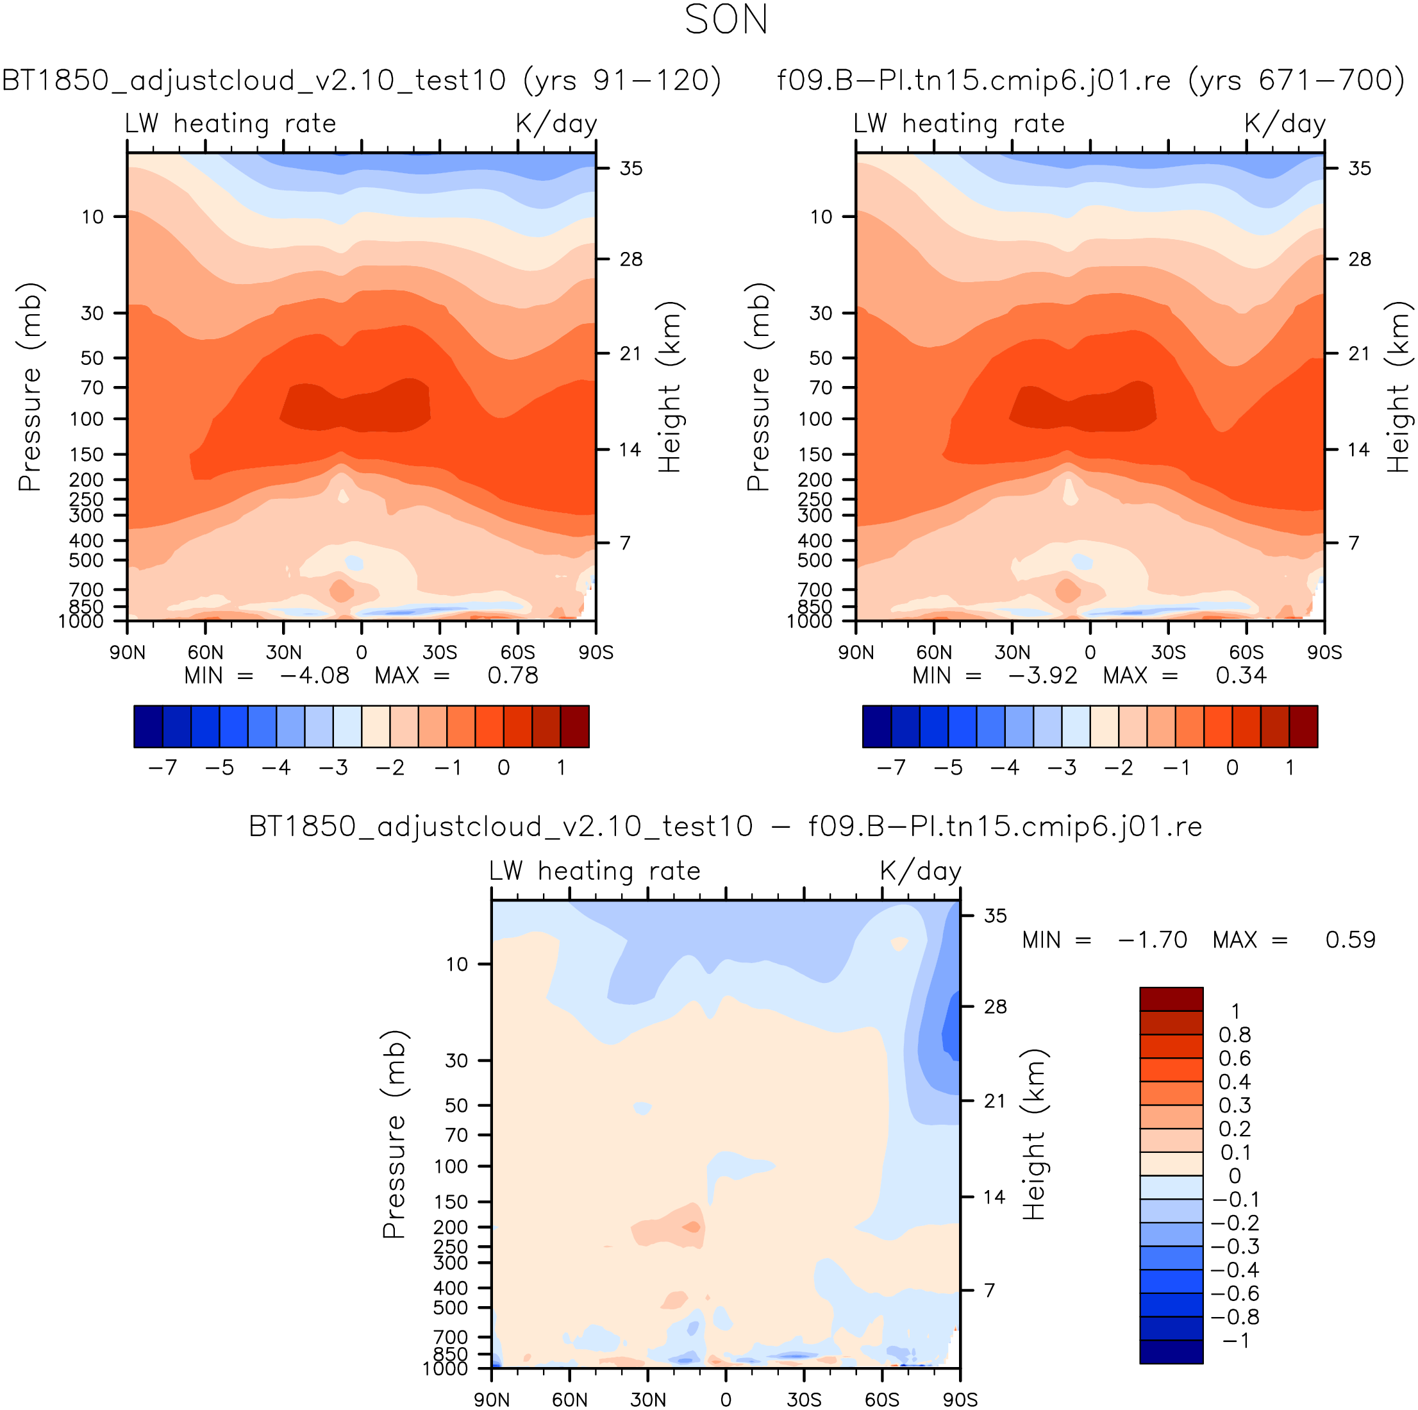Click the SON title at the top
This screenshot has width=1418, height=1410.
click(726, 21)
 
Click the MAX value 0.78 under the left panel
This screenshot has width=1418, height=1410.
click(512, 675)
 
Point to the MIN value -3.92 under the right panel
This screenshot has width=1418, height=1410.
click(1043, 675)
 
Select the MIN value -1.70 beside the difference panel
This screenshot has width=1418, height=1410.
click(1153, 939)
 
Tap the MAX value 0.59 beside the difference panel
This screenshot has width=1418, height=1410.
click(1351, 939)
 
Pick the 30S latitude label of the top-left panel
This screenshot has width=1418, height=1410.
click(440, 653)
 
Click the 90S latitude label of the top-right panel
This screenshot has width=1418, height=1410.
click(1324, 653)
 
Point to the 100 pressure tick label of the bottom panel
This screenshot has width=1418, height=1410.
click(451, 1166)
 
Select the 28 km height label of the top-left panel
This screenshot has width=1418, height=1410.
click(630, 259)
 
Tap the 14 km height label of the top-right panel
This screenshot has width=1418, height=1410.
click(1358, 449)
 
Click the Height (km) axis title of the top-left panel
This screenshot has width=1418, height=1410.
click(669, 387)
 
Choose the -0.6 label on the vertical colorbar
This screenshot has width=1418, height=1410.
click(1235, 1293)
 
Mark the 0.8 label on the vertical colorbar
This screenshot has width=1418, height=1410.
click(1235, 1035)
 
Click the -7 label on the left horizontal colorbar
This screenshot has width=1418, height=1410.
click(162, 768)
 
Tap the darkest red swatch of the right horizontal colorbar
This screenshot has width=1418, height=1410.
click(1303, 726)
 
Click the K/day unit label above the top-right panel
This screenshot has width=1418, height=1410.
click(1285, 123)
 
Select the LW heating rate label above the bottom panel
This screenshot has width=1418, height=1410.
click(594, 871)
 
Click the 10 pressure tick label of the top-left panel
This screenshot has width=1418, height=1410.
click(92, 217)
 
